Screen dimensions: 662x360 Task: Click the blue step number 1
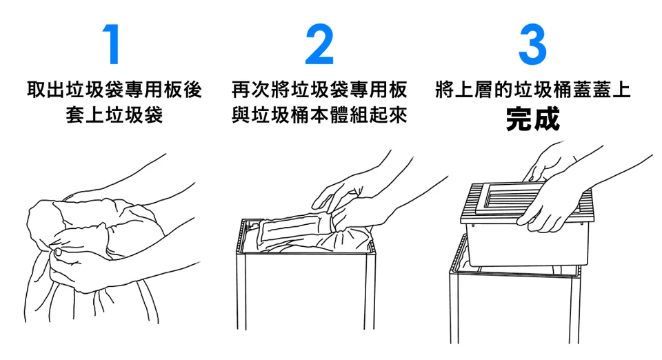point(112,44)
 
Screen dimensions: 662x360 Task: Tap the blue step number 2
point(319,44)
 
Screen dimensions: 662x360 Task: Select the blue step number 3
point(532,44)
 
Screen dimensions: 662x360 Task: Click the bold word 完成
point(533,119)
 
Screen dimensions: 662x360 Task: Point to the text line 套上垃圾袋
point(114,114)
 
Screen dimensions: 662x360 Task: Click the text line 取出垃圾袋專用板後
point(114,90)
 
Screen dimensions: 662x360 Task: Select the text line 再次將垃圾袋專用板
point(319,90)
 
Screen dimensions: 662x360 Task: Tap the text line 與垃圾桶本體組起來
point(319,114)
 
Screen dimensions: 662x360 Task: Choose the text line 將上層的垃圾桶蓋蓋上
point(533,90)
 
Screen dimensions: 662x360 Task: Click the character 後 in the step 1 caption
point(192,90)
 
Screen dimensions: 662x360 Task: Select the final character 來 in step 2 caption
point(398,114)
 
